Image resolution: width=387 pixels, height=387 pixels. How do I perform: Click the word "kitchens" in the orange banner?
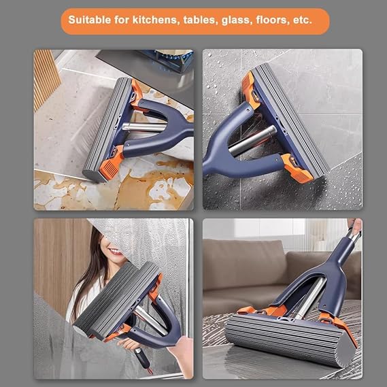pos(155,20)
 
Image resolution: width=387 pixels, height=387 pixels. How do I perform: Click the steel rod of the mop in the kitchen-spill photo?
pos(144,127)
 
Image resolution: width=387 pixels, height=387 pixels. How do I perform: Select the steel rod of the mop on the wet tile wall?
pos(252,141)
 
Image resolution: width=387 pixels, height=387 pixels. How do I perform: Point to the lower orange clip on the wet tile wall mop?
pos(297,169)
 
